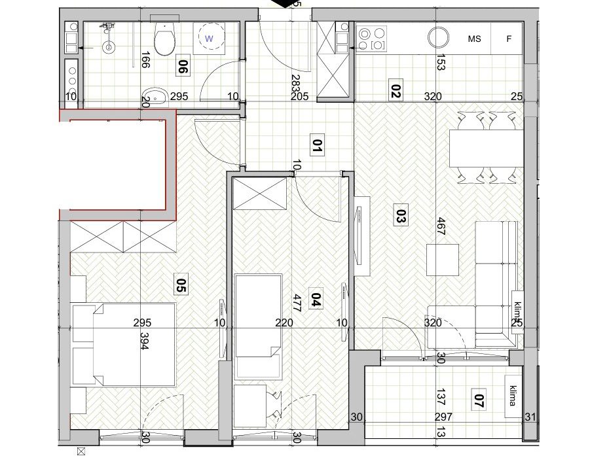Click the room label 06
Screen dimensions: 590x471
183,67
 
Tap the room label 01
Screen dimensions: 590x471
317,145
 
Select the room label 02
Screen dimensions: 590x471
396,90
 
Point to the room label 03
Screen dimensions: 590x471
401,215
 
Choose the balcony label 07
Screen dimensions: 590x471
478,400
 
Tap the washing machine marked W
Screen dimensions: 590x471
209,38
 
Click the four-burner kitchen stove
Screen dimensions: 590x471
372,38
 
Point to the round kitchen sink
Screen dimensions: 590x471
438,37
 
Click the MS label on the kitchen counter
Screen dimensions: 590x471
475,39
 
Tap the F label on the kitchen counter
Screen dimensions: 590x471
509,39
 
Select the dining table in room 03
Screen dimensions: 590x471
487,148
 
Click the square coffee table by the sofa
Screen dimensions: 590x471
443,260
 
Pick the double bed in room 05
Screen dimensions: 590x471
124,345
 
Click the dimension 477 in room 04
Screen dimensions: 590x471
297,304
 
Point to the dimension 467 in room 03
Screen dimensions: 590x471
441,226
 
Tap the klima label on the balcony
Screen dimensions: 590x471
513,396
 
